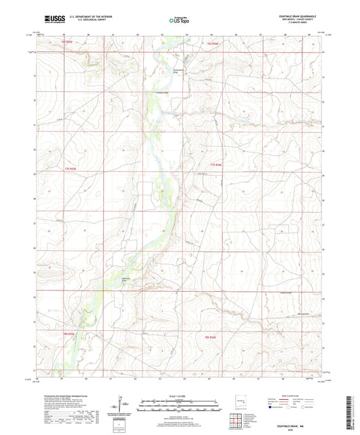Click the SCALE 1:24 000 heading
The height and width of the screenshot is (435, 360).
(179, 395)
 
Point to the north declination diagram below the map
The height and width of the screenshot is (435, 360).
(123, 404)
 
